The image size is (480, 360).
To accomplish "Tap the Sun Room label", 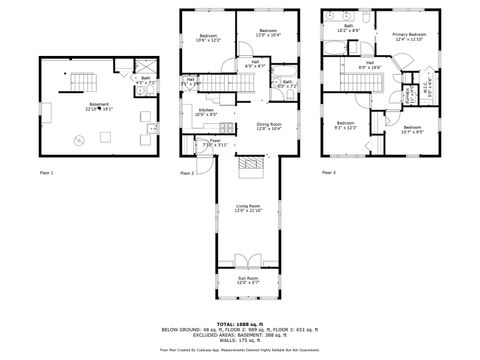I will (247, 281).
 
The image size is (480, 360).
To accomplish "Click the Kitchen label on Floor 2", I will (206, 112).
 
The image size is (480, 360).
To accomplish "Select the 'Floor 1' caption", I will (46, 173).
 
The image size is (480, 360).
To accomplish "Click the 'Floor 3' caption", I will (329, 173).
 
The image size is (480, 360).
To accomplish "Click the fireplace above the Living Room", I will (253, 162).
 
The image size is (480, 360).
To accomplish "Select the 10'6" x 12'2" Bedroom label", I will (207, 38).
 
